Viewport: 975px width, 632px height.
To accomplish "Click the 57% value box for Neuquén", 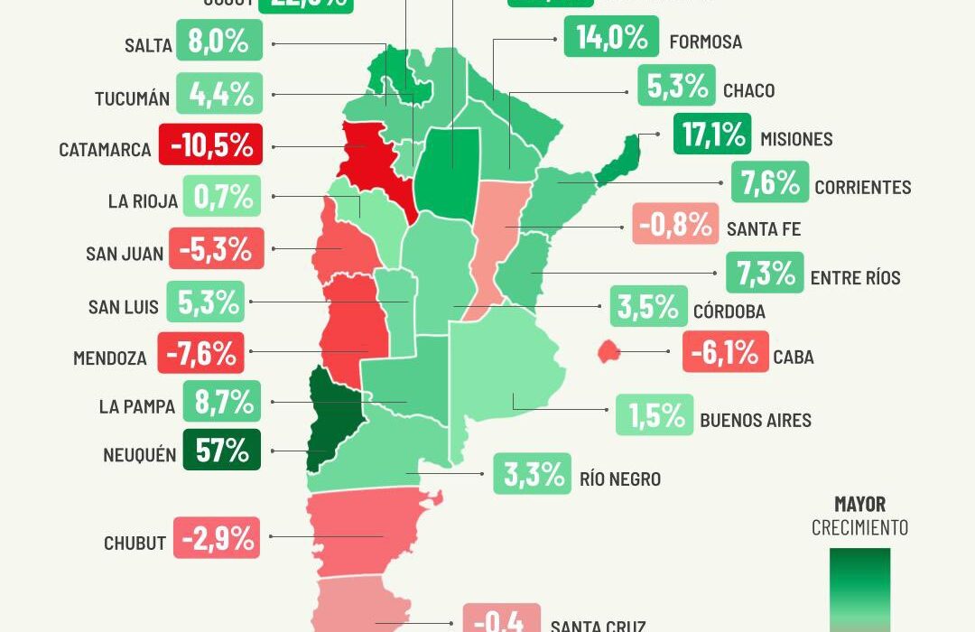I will (221, 450).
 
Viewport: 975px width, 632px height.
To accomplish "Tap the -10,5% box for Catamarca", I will (210, 144).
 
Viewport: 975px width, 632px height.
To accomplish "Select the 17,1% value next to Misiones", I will (711, 135).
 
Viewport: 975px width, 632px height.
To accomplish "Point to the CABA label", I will (794, 357).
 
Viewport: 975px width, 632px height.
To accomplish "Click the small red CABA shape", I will (608, 351).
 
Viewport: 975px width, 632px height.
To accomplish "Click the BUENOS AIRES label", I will (756, 421).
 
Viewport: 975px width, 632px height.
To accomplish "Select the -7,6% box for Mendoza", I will (200, 353).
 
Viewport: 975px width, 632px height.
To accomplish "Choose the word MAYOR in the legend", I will (859, 505).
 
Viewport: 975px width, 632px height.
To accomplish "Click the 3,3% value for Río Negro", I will (532, 473).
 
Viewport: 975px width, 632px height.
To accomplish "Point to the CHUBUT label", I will (135, 543).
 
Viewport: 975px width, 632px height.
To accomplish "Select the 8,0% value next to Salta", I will (219, 42).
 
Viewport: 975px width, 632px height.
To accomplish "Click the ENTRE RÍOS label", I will (855, 278).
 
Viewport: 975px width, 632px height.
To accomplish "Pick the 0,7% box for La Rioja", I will (222, 196).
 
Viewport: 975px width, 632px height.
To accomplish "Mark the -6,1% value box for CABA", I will (725, 352).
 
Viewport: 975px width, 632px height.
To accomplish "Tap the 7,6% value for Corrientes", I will (770, 183).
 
